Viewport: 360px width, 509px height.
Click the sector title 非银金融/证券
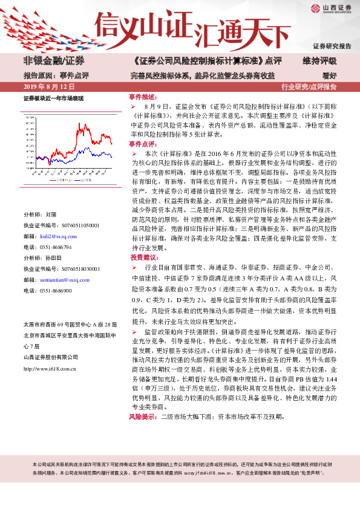coord(54,61)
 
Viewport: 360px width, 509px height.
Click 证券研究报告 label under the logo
coord(332,46)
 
